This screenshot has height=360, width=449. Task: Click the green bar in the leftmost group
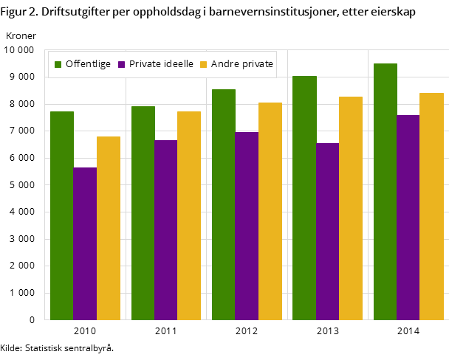click(62, 215)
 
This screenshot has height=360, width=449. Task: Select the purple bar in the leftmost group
click(85, 243)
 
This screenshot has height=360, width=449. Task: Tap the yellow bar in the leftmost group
click(109, 228)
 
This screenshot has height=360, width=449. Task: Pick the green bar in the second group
click(143, 213)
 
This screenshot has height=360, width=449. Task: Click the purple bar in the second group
click(166, 230)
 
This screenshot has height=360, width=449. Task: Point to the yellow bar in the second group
click(189, 215)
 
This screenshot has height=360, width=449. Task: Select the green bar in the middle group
click(224, 204)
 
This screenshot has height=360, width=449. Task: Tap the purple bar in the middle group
click(247, 226)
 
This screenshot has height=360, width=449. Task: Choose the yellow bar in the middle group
click(270, 211)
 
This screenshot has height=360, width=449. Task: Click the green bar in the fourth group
click(304, 198)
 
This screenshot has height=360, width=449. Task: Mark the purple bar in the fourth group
click(327, 232)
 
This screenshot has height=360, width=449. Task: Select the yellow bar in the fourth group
click(351, 208)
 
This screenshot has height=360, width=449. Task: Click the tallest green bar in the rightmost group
click(385, 192)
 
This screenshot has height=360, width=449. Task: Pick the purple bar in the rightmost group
click(408, 218)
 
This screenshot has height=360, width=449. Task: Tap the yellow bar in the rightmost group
click(431, 207)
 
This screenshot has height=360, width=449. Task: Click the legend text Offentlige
click(88, 64)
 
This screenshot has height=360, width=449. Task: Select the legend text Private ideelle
click(161, 64)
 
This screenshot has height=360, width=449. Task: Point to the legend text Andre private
click(242, 64)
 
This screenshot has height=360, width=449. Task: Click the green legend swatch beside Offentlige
click(58, 65)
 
